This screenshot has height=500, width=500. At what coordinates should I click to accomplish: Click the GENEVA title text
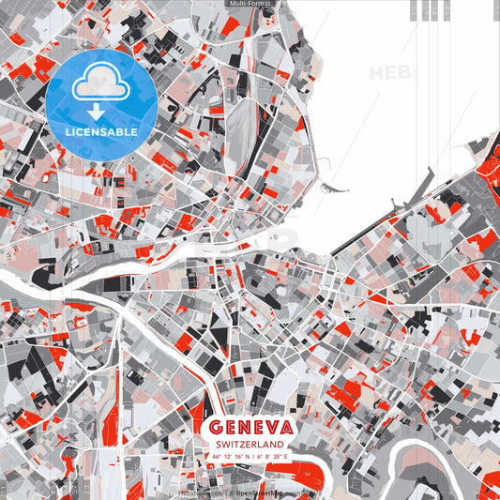251,428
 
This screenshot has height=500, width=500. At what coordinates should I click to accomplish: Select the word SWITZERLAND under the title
251,444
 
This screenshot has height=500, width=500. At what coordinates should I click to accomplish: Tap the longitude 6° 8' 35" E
275,456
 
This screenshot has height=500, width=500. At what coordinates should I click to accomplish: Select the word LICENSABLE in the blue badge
101,132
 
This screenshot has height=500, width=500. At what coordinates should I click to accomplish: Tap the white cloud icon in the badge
101,85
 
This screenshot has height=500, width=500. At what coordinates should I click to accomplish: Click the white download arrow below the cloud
101,111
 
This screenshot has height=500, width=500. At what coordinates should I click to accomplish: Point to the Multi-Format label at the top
250,5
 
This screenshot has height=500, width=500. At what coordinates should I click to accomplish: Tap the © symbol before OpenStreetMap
231,492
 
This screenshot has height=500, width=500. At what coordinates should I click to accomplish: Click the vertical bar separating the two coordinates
255,456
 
